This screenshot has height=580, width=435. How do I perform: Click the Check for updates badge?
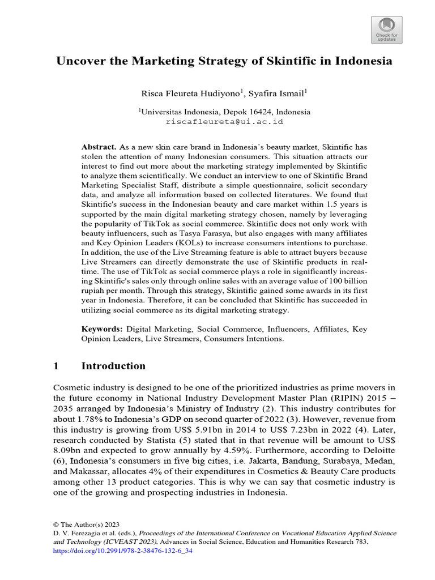pos(387,29)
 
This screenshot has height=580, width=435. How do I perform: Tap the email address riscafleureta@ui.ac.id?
pos(224,121)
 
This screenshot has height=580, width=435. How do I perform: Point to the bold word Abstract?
pos(99,147)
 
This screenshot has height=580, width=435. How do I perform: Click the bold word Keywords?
pos(102,329)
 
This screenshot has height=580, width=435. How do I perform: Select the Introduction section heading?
pos(113,366)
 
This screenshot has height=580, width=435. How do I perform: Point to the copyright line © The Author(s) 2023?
pos(86,524)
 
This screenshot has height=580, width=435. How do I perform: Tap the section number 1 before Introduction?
pos(56,366)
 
